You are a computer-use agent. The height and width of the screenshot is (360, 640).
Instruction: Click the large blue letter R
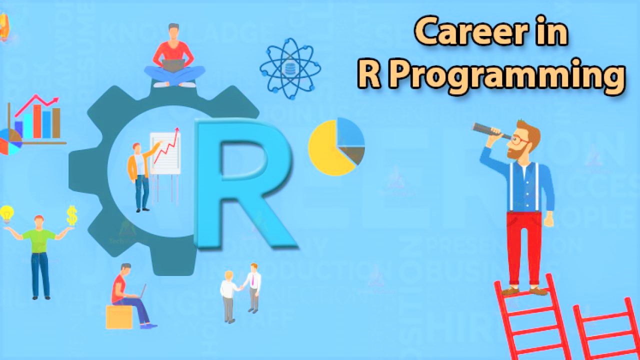pyautogui.click(x=240, y=185)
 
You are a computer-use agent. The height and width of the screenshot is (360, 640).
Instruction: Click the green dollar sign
pyautogui.click(x=72, y=215)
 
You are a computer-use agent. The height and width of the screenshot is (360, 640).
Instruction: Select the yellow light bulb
pyautogui.click(x=7, y=214)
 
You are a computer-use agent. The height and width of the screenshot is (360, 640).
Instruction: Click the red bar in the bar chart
pyautogui.click(x=36, y=121)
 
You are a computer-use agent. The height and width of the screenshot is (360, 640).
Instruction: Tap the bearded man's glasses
pyautogui.click(x=520, y=140)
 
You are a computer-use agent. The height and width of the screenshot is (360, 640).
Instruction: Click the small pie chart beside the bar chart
pyautogui.click(x=10, y=141)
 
